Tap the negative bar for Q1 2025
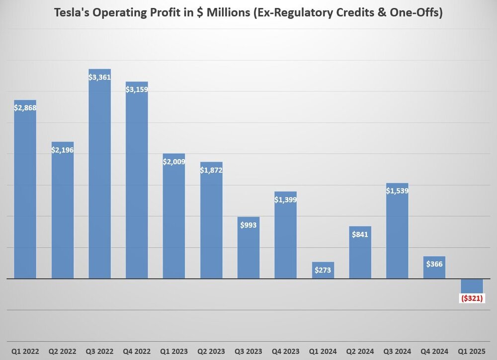tap(472, 285)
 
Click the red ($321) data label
tap(472, 298)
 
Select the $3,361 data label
tap(99, 77)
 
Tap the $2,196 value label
tap(62, 150)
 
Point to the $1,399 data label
tap(285, 199)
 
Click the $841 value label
tap(360, 234)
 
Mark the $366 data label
tap(434, 264)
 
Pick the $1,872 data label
tap(211, 170)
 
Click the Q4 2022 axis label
tap(137, 351)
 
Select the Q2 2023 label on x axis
tap(211, 351)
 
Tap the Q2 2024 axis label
tap(360, 351)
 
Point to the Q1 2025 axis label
tap(472, 351)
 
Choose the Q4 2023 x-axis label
tap(285, 351)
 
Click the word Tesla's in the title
tap(70, 13)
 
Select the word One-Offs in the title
tap(418, 13)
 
